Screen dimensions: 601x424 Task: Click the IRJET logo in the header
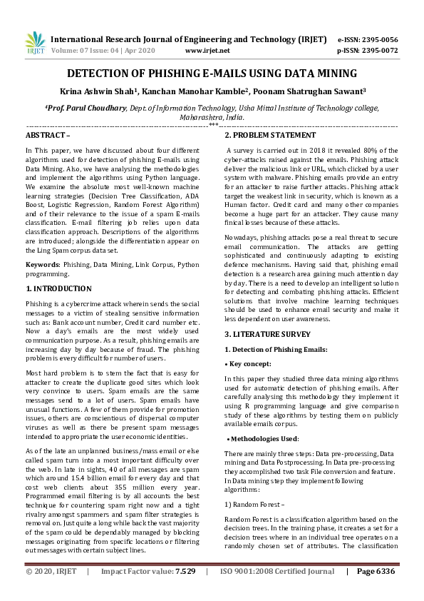click(x=33, y=44)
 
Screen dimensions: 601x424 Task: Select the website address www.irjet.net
click(x=207, y=51)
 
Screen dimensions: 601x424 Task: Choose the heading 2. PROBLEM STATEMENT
click(x=270, y=135)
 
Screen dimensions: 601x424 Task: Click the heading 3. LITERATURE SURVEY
click(x=267, y=333)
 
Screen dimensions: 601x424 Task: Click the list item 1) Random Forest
click(x=254, y=504)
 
